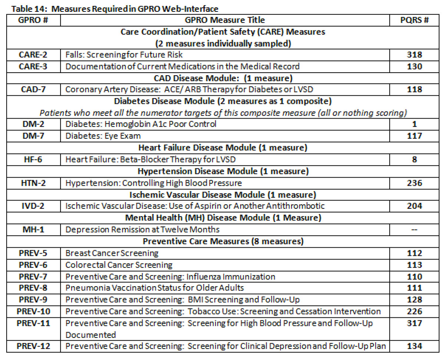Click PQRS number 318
click(x=414, y=55)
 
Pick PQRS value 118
click(x=414, y=90)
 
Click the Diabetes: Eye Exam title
click(x=103, y=136)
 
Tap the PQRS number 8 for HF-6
click(x=414, y=159)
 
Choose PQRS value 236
click(x=414, y=183)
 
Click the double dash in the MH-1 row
click(x=414, y=229)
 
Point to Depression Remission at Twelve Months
click(x=142, y=229)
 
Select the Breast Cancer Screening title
click(x=112, y=253)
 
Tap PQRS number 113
click(x=414, y=265)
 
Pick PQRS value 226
click(x=414, y=311)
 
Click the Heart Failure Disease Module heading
click(x=223, y=148)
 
